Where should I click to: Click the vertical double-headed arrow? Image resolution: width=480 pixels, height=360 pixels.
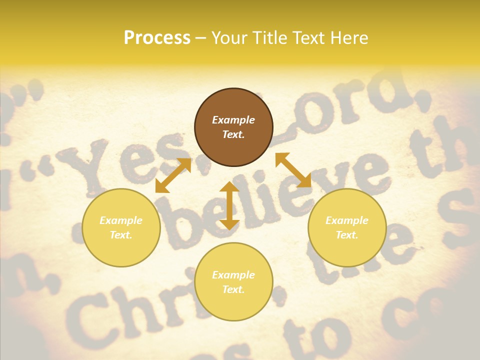tap(229, 205)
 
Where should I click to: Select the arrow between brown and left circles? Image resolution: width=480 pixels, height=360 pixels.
tap(173, 175)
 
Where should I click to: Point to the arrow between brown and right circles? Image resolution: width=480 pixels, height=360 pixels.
tap(293, 170)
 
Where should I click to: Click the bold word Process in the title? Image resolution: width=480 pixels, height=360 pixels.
tap(157, 37)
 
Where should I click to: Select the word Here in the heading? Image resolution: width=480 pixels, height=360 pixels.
tap(350, 37)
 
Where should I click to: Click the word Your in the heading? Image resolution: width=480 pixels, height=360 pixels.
tap(228, 37)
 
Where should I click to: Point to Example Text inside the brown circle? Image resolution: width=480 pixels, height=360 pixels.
tap(233, 127)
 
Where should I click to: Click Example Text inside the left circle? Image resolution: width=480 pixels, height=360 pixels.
tap(121, 227)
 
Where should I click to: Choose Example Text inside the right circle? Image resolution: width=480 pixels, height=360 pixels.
tap(347, 227)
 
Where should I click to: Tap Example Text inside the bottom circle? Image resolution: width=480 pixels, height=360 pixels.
tap(233, 282)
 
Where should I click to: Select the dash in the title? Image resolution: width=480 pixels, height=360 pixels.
tap(201, 38)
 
